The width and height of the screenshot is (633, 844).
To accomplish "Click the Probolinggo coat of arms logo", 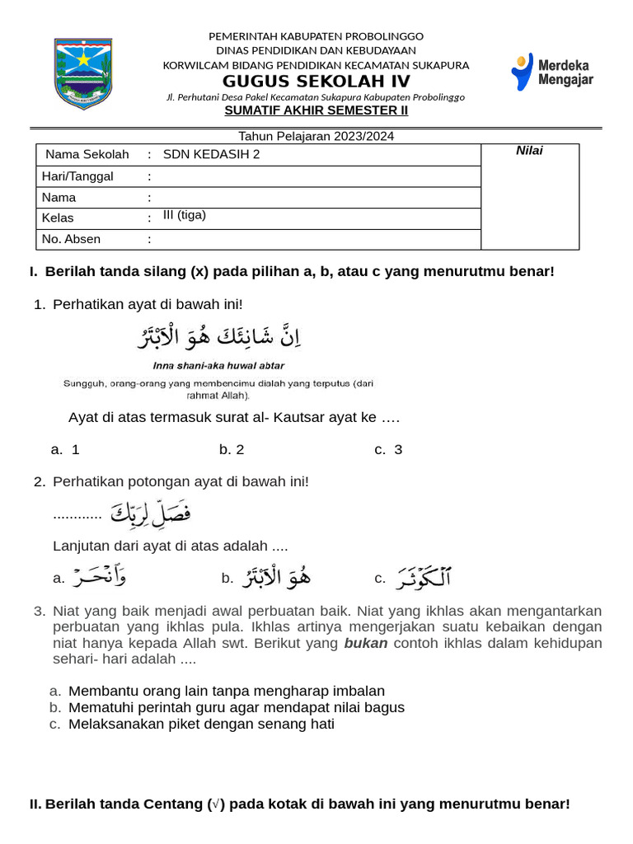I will click(x=83, y=73).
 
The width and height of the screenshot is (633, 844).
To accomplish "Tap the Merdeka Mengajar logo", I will click(x=551, y=72).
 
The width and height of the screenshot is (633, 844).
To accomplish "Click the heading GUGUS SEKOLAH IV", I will click(x=316, y=81).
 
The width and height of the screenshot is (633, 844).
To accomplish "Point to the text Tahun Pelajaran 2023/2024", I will click(x=316, y=136).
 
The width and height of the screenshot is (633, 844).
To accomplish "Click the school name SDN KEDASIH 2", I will click(x=211, y=154).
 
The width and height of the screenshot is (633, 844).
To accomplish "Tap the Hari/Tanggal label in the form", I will click(x=77, y=176).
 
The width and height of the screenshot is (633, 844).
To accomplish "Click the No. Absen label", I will click(x=71, y=239).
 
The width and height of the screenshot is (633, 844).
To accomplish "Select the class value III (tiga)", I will click(x=185, y=215).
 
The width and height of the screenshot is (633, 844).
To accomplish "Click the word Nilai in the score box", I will click(x=529, y=150).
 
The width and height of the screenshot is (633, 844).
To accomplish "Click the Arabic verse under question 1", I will click(x=219, y=337).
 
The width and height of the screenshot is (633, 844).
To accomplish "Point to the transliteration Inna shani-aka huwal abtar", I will click(x=219, y=365).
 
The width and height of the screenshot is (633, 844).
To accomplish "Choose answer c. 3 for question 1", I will click(x=388, y=449).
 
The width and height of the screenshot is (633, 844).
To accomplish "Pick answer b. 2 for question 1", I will click(x=232, y=449).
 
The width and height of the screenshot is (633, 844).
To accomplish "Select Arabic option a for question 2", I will click(x=99, y=577).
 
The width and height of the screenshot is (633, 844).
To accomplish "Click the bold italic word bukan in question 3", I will click(x=366, y=643).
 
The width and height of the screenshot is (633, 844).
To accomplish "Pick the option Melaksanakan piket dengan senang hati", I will click(x=201, y=724).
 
